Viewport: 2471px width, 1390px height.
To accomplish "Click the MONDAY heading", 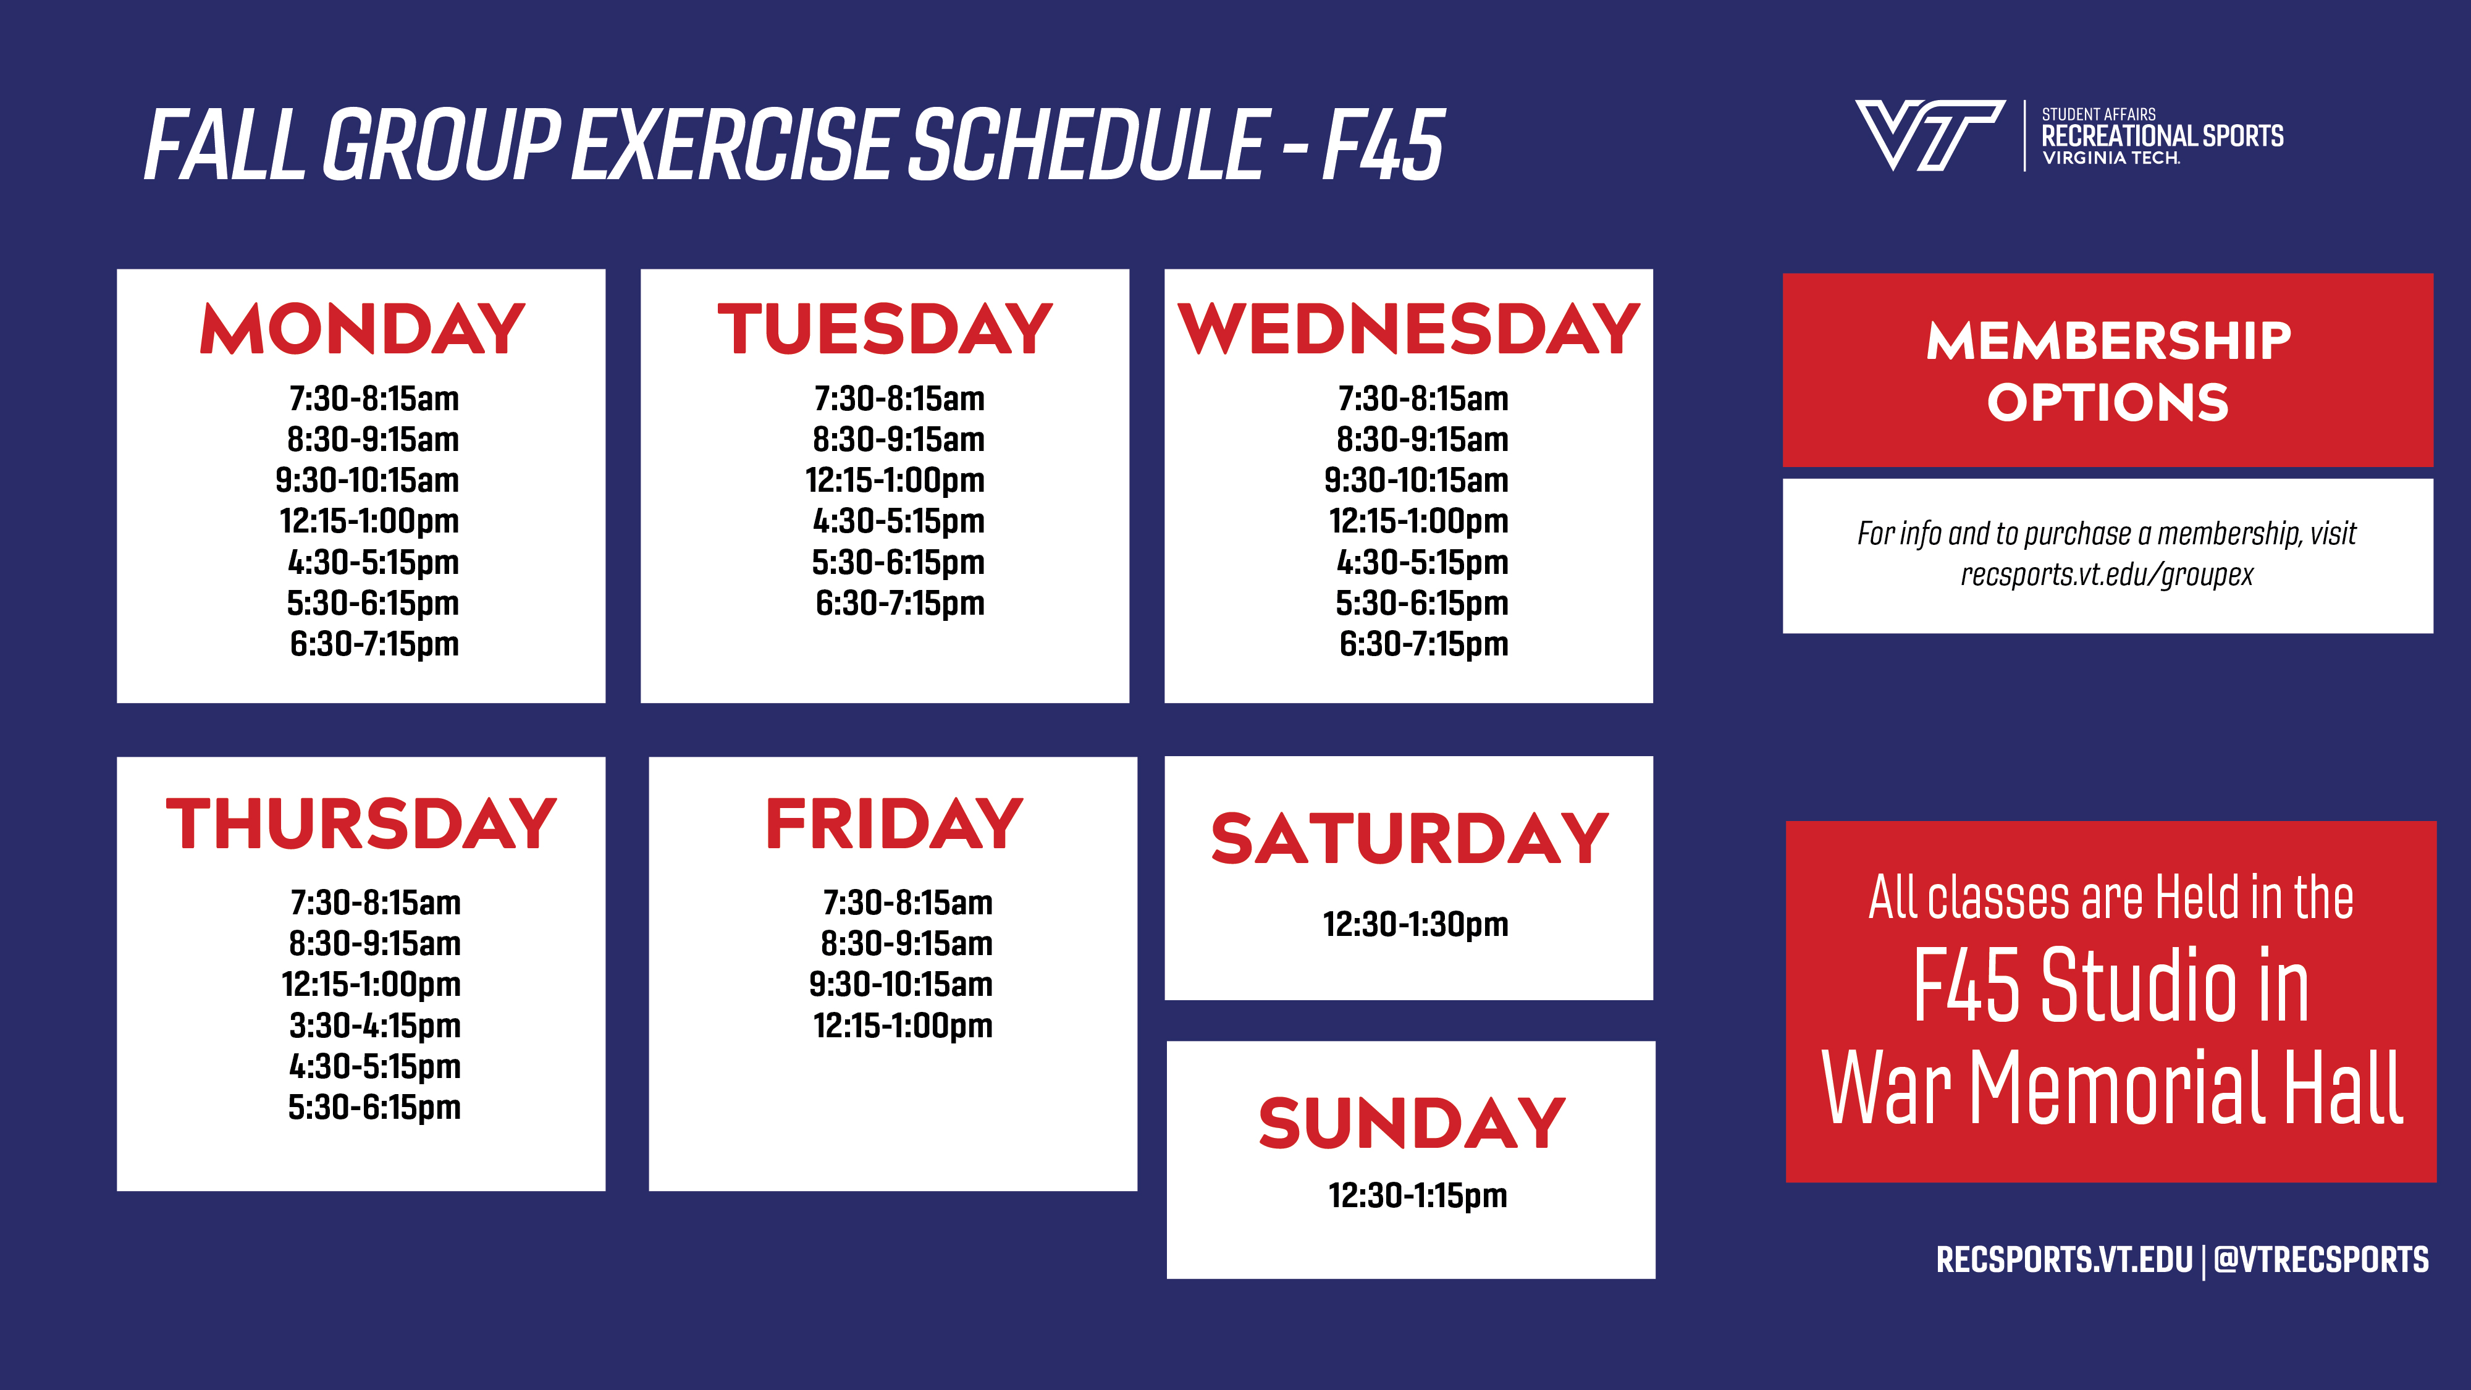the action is (363, 329).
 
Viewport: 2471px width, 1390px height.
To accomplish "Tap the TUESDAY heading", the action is (885, 329).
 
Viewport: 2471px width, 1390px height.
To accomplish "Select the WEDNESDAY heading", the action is (1408, 329).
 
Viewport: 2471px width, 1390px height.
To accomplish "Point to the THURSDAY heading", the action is (361, 824).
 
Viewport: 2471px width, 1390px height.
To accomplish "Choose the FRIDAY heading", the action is (894, 824).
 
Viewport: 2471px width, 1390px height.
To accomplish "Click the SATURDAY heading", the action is (1409, 838).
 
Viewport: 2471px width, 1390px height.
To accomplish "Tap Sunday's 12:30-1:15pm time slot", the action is (1418, 1196).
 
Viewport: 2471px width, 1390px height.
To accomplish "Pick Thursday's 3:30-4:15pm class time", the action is (375, 1026).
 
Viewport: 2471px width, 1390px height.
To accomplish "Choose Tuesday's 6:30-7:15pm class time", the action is (900, 604).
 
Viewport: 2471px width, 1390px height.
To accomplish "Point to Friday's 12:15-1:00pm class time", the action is (903, 1026).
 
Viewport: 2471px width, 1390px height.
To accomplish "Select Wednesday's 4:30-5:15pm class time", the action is (1423, 563).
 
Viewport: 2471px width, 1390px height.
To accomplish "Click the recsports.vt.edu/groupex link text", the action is (2107, 575).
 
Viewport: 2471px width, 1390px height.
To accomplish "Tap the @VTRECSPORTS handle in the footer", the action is (2322, 1260).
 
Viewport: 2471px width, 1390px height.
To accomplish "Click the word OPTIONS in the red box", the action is (2107, 403).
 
